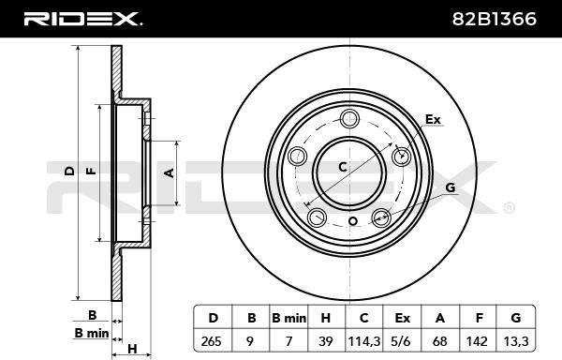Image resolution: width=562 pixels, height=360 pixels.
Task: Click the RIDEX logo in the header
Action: (83, 19)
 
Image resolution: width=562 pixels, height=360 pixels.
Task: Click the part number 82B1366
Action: (495, 19)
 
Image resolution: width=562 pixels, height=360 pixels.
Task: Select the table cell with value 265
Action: (214, 340)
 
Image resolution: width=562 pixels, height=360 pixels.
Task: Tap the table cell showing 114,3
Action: (364, 340)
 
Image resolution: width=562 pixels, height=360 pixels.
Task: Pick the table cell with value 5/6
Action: (402, 340)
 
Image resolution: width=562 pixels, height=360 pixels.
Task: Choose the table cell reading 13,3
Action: (516, 340)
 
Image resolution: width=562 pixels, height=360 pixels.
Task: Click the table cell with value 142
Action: (478, 340)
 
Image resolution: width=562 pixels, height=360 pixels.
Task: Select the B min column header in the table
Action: (288, 317)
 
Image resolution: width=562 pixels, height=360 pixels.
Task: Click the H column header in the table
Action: (326, 317)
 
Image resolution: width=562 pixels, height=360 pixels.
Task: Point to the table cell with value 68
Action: (440, 340)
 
